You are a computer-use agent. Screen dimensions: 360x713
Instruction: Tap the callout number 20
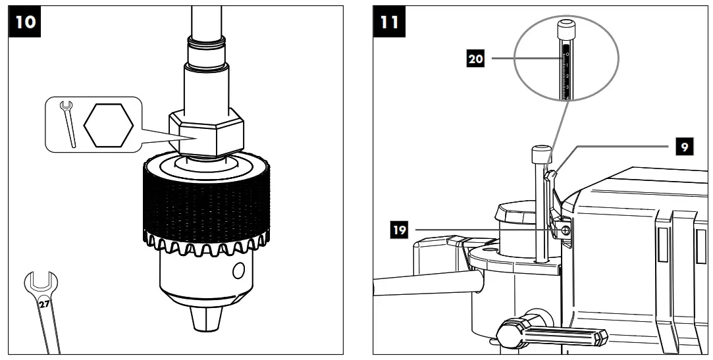[475, 59]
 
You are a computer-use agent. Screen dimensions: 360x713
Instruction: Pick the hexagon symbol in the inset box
[109, 124]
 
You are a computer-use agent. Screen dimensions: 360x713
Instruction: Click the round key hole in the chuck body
[239, 270]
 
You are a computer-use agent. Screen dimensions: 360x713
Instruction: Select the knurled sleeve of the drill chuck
[206, 197]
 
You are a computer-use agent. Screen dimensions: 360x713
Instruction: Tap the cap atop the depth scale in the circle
[565, 30]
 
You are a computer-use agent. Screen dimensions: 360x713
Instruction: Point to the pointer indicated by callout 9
[552, 176]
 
